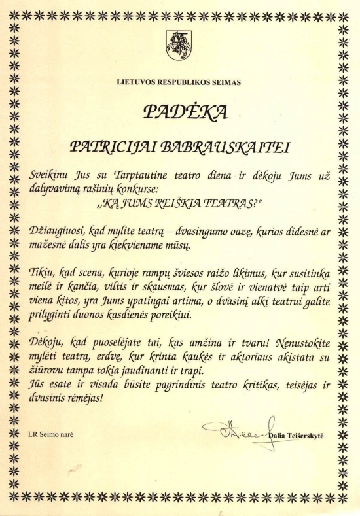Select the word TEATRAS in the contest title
[225, 203]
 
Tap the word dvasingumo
[204, 232]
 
